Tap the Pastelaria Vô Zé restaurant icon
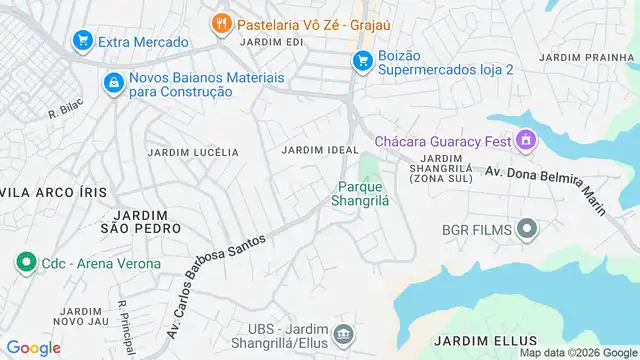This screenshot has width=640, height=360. pyautogui.click(x=221, y=21)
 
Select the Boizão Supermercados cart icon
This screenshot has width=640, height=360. pyautogui.click(x=362, y=61)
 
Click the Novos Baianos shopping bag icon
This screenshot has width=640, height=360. pyautogui.click(x=114, y=82)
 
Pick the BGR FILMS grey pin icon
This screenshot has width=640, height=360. pyautogui.click(x=527, y=230)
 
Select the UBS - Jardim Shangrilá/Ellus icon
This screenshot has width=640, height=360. pyautogui.click(x=343, y=333)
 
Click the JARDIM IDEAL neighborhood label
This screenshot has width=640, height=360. pyautogui.click(x=320, y=150)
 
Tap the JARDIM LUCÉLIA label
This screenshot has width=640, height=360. pyautogui.click(x=193, y=152)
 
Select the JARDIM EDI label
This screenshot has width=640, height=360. pyautogui.click(x=271, y=42)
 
